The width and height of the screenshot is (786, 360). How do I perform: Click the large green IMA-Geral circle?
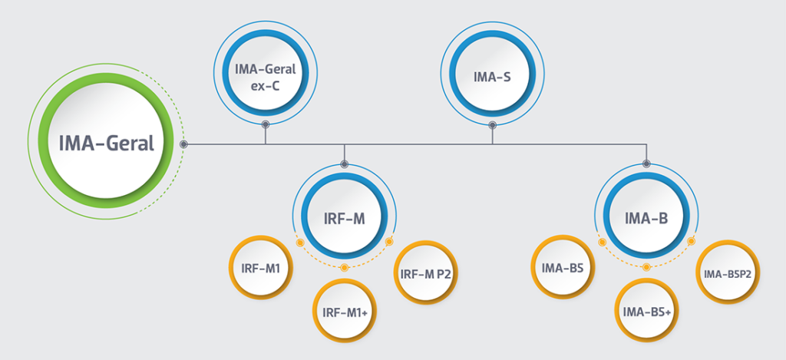click(x=106, y=142)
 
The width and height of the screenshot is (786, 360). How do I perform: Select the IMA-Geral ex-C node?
click(x=265, y=73)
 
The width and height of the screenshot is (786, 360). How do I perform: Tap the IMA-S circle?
click(x=492, y=75)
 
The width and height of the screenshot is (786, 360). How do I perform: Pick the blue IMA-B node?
click(x=646, y=218)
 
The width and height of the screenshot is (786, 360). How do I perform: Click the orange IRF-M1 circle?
click(x=261, y=267)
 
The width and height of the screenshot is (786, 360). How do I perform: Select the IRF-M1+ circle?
click(x=344, y=310)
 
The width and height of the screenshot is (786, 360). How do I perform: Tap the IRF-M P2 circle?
click(x=427, y=273)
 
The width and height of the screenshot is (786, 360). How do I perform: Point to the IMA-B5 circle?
click(x=563, y=267)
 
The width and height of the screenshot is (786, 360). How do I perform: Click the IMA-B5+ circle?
click(x=646, y=310)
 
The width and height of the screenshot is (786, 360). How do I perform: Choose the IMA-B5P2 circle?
click(x=728, y=272)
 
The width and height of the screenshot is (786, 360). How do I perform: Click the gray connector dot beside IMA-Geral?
click(x=184, y=144)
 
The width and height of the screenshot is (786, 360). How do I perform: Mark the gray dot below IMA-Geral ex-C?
click(x=265, y=124)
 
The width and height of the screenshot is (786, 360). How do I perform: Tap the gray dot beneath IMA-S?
click(x=492, y=124)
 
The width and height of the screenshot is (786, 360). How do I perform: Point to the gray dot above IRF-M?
click(x=345, y=164)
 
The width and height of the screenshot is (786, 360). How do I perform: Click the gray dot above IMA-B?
click(x=646, y=163)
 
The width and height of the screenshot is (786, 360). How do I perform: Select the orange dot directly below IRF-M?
click(x=345, y=267)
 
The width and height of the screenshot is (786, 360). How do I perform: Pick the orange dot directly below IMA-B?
click(x=646, y=267)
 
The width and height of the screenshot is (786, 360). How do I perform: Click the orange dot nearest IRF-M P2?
click(x=389, y=242)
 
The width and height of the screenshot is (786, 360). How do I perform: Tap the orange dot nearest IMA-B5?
click(x=603, y=242)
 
